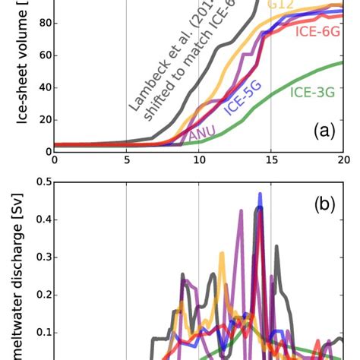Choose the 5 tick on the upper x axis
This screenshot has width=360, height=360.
126,160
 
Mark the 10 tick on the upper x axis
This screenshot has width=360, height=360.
198,160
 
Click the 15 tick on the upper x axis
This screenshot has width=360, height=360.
271,160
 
